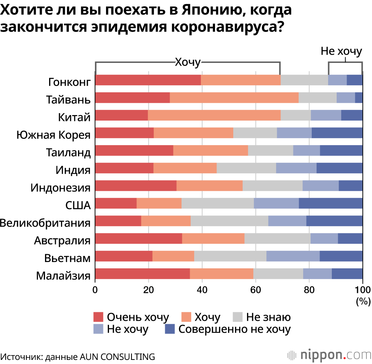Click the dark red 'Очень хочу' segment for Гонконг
[x=148, y=80]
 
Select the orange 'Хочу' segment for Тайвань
[x=234, y=98]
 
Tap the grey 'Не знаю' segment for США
[x=218, y=204]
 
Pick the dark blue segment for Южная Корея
[x=337, y=133]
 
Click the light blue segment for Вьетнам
[x=293, y=256]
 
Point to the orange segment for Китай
[x=214, y=115]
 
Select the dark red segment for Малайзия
[x=142, y=274]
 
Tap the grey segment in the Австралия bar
[x=277, y=239]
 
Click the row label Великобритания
[x=45, y=223]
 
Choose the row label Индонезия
[x=61, y=188]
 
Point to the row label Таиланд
[x=68, y=152]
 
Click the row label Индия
[x=73, y=170]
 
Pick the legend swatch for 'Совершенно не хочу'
[x=170, y=329]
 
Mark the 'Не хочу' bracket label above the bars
[x=341, y=52]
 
